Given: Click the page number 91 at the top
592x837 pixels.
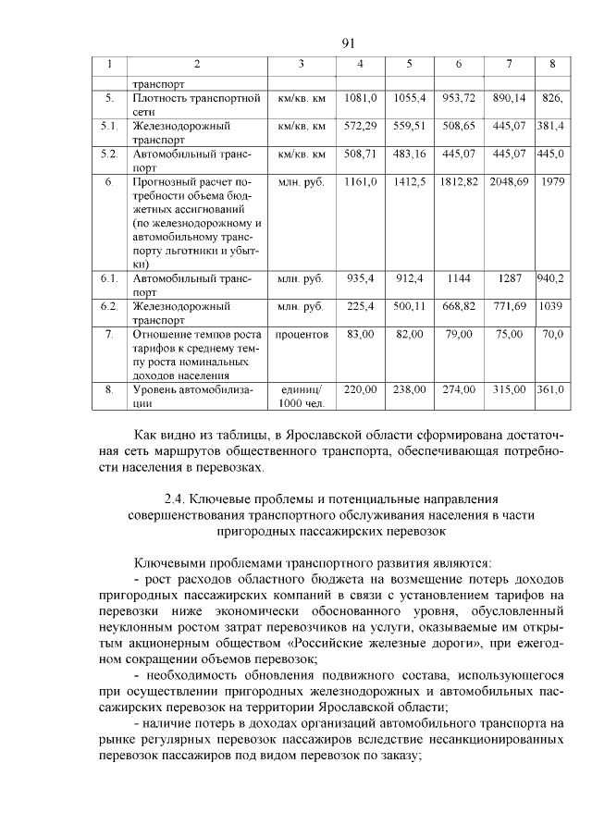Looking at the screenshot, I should click(348, 43).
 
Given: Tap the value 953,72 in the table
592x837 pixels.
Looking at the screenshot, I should click(458, 98).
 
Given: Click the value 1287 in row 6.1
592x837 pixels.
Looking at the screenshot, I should click(509, 277).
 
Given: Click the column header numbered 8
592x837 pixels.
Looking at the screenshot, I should click(551, 65).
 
